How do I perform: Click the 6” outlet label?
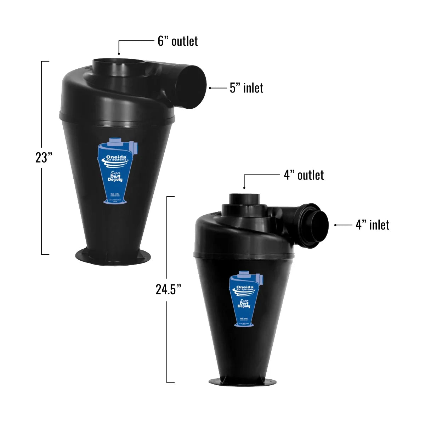pos(177,41)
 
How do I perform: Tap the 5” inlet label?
pos(246,88)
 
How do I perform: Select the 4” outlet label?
pos(304,175)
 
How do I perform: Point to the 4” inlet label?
pos(373,225)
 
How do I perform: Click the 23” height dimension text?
pos(44,158)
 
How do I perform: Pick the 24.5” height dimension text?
pos(169,289)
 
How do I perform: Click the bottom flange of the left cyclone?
pos(113,255)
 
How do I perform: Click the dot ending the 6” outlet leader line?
pos(119,53)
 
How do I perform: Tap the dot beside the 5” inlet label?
pos(210,88)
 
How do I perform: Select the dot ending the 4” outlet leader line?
pos(244,187)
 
